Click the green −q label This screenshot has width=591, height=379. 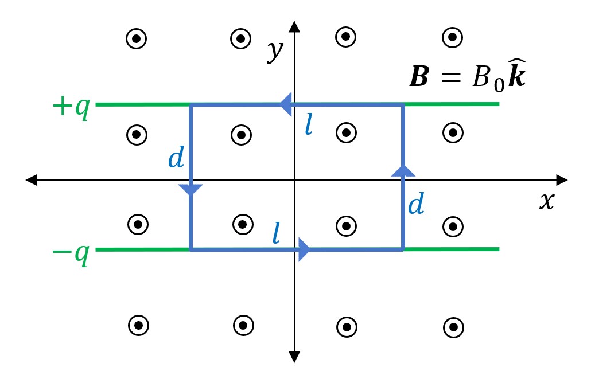71,252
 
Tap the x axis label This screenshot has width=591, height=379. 547,201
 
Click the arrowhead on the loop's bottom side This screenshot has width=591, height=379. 304,249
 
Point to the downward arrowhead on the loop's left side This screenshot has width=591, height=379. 190,190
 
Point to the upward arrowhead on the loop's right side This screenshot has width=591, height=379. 403,169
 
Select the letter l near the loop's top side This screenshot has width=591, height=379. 309,126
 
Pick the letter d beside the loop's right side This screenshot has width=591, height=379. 416,204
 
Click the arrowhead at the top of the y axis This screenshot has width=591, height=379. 294,26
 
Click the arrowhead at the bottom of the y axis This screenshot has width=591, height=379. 294,357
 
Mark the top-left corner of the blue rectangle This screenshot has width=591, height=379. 190,105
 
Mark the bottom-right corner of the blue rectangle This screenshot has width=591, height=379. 403,249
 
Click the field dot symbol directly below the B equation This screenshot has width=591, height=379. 453,132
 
